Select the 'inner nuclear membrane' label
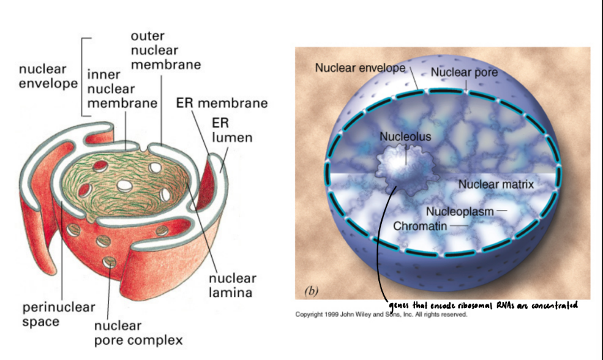point(122,89)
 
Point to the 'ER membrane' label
point(222,103)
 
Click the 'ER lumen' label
point(231,130)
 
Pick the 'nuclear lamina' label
point(232,285)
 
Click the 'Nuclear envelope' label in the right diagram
point(360,68)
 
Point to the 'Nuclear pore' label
point(463,73)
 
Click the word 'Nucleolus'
point(405,137)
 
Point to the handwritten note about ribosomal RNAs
point(484,305)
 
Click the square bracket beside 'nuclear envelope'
point(84,77)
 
